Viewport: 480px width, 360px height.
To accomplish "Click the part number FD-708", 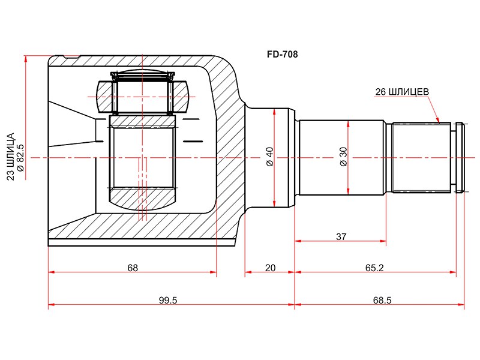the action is click(282, 55).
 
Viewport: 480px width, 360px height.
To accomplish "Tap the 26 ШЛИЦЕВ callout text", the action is click(402, 92).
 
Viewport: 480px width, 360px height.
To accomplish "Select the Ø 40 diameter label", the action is click(269, 157).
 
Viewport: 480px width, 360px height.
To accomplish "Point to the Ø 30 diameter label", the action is click(343, 157).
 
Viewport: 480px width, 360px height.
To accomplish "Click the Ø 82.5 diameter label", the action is click(20, 157).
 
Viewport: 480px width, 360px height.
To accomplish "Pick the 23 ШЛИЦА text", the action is click(11, 157).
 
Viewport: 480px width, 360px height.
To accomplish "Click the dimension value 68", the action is click(133, 268).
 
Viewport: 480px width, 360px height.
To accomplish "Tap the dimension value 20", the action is click(271, 268).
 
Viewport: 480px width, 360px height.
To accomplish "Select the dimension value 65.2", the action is click(374, 268).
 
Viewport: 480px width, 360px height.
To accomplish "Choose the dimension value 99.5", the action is click(168, 301).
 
